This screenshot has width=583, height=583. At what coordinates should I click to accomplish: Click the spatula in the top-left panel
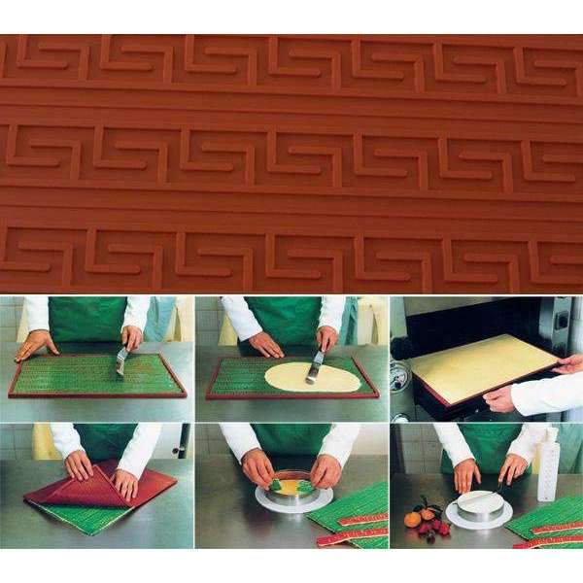point(121,360)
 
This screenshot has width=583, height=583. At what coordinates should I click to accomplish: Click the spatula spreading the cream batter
point(315,365)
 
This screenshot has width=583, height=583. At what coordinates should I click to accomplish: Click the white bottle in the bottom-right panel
point(548,467)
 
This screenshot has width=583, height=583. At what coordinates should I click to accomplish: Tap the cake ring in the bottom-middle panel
point(292,494)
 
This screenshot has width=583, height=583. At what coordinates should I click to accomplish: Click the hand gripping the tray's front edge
point(500,398)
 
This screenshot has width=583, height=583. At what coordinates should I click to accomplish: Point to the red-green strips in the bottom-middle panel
point(350,534)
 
